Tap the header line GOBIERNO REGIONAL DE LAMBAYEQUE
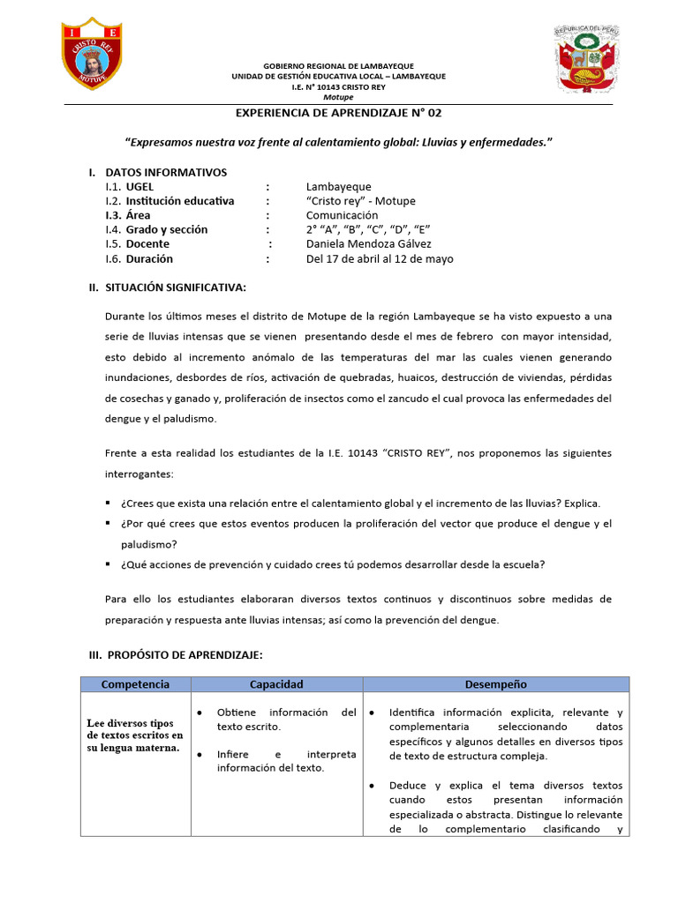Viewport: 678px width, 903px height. coord(339,66)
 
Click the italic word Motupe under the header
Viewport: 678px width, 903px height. coord(338,97)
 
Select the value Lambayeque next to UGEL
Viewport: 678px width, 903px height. coord(338,187)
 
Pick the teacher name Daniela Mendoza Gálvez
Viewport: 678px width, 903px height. coord(369,244)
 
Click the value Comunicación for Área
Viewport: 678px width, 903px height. coord(342,215)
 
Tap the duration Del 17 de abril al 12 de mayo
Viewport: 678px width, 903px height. coord(380,259)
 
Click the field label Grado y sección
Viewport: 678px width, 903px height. coord(167,229)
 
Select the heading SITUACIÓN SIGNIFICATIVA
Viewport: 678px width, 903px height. coord(176,287)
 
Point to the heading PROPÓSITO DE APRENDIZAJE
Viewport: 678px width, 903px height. coord(184,655)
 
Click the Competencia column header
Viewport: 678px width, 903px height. coord(135,684)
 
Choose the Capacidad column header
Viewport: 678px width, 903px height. coord(276,684)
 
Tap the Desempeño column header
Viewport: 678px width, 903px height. coord(495,684)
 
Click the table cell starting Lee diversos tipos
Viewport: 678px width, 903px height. coord(134,735)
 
